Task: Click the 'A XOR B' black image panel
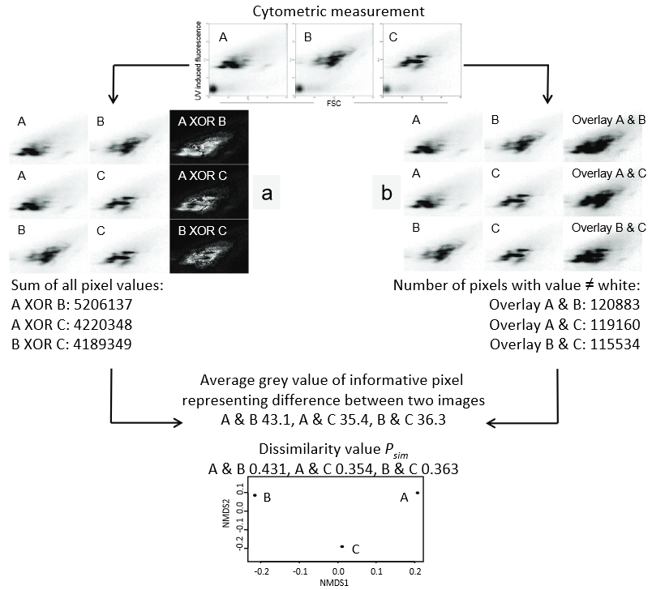coord(208,137)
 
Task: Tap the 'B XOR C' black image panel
coord(208,246)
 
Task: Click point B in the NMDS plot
coord(255,495)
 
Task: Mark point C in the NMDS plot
coord(342,546)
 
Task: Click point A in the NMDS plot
coord(417,493)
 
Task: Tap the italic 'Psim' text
coord(399,452)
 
